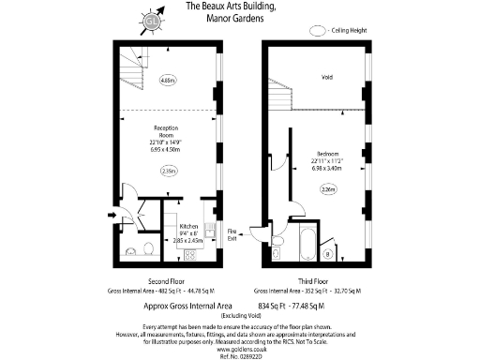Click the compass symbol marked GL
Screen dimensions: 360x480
pos(150,20)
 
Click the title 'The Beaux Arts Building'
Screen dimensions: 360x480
pos(231,7)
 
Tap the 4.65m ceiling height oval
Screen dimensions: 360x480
pos(169,80)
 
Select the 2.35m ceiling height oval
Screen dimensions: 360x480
pos(169,171)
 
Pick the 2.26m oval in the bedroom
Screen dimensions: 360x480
pos(328,190)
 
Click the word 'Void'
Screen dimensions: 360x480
pos(327,77)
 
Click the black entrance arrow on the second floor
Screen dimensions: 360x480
pos(113,217)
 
